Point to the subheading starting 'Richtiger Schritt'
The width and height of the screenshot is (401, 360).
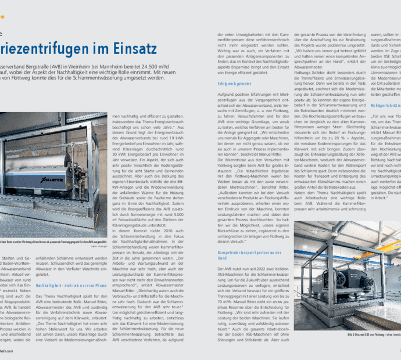click(x=384, y=106)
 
